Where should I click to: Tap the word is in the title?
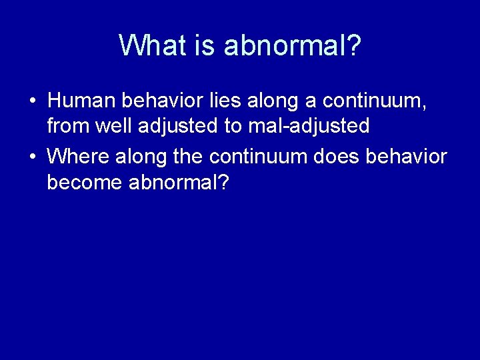(x=203, y=45)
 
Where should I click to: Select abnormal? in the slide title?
(x=293, y=45)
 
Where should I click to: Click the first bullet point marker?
(x=32, y=102)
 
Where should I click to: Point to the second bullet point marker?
(x=32, y=157)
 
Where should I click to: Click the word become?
(x=84, y=182)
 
